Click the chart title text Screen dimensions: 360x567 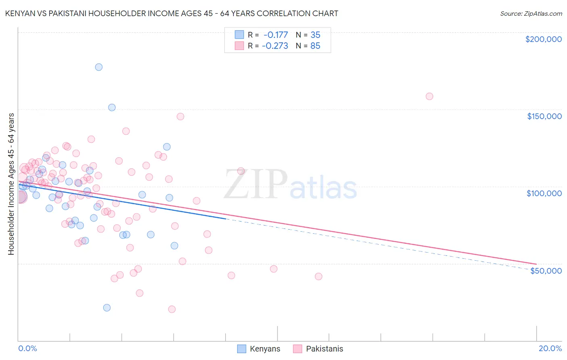tap(172, 13)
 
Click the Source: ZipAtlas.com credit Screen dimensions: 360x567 tap(531, 13)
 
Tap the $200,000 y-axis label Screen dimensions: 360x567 tap(543, 39)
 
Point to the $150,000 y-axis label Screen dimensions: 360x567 tap(544, 116)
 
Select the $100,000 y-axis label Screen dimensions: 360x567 tap(544, 193)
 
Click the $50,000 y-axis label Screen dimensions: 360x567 tap(546, 271)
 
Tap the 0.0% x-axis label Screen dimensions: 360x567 tap(27, 348)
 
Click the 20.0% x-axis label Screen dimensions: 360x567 tap(550, 348)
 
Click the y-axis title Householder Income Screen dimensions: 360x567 tap(11, 184)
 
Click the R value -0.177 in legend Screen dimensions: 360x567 tap(275, 35)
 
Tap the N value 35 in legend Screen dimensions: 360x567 tap(315, 35)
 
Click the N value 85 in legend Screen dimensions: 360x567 tap(315, 46)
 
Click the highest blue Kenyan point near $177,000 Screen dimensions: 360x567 tap(99, 67)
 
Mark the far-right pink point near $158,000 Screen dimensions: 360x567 tap(429, 96)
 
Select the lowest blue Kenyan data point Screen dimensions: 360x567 tap(107, 308)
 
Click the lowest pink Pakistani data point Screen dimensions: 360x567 tap(172, 309)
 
